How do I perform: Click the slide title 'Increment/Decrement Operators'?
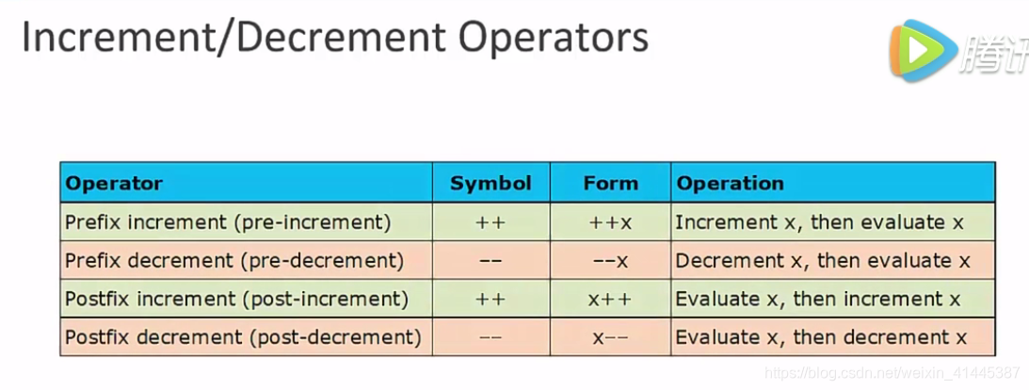click(334, 38)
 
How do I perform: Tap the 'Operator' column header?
click(114, 183)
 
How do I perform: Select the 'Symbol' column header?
click(490, 183)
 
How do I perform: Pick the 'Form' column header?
click(610, 183)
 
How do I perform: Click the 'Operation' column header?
click(730, 183)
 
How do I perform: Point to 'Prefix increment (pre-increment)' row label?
click(228, 222)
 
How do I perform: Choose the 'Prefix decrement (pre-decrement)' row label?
click(233, 260)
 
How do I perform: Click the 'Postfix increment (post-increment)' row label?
click(236, 299)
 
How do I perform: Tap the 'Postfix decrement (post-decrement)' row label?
click(242, 336)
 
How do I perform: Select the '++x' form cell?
click(610, 222)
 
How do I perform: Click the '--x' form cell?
click(610, 260)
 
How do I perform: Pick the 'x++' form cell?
click(610, 299)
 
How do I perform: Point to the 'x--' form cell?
click(610, 336)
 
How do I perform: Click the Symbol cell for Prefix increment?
click(490, 222)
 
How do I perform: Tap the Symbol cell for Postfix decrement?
click(490, 336)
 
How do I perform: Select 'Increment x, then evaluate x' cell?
click(820, 222)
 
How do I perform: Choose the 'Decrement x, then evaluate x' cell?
click(821, 260)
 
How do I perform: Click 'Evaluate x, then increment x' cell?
click(818, 299)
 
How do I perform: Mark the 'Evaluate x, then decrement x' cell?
click(821, 336)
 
